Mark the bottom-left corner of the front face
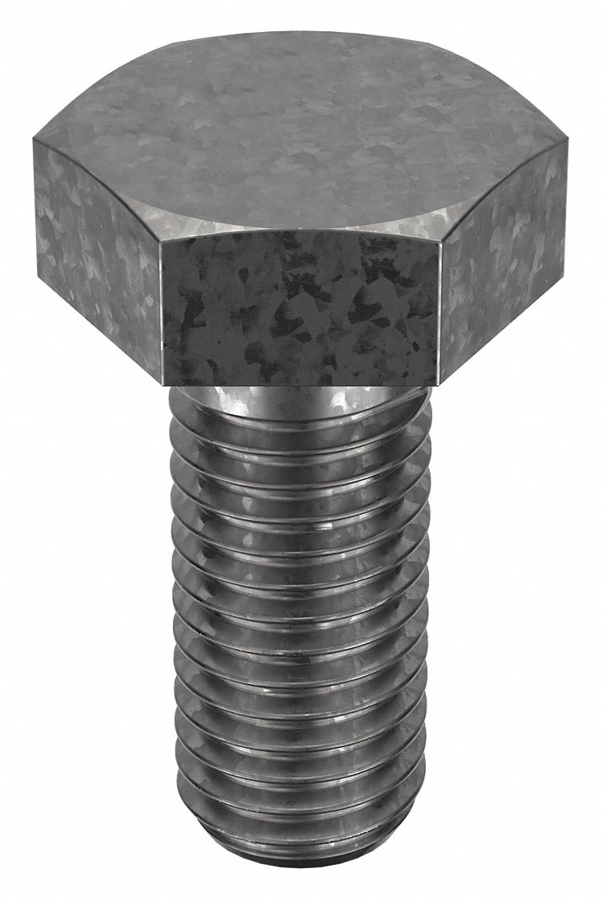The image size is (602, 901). [164, 384]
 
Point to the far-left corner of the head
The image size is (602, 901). [34, 141]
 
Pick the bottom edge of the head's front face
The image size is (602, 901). [300, 384]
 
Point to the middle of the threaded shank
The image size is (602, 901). [300, 625]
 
